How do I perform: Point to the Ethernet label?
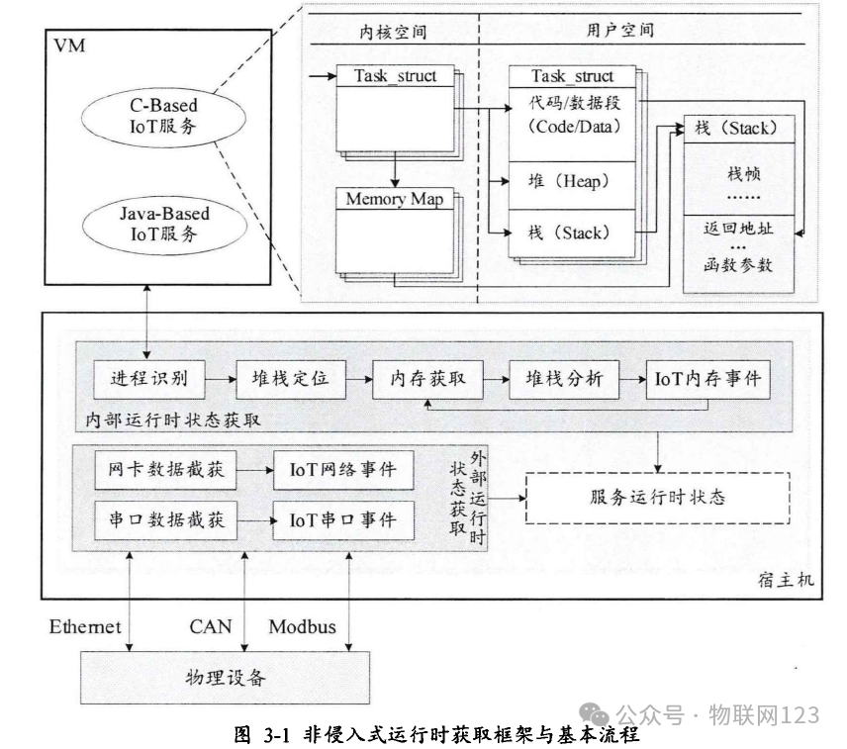click(x=85, y=627)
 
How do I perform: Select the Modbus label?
click(x=302, y=627)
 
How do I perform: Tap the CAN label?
click(x=210, y=627)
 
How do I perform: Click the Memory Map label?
click(x=393, y=199)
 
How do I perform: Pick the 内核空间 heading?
click(x=393, y=31)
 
